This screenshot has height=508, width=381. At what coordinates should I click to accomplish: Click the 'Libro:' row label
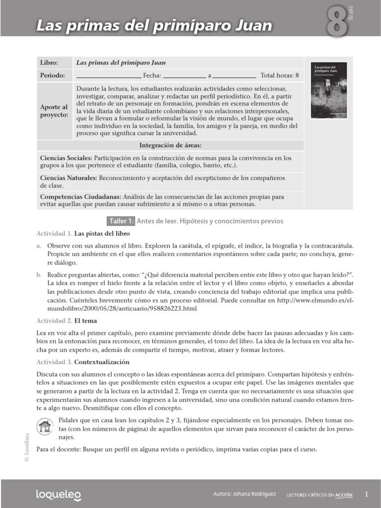click(x=49, y=63)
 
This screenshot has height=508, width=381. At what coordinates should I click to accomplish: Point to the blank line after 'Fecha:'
click(x=184, y=76)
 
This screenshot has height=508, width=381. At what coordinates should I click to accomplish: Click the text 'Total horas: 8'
click(x=280, y=76)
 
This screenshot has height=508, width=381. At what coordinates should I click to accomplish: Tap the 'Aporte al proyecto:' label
click(x=54, y=111)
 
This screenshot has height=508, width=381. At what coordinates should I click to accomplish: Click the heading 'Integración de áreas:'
click(x=170, y=145)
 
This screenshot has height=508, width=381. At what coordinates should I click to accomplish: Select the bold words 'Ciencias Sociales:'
click(x=65, y=158)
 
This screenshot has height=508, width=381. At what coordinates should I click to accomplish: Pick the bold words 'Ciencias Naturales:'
click(x=68, y=177)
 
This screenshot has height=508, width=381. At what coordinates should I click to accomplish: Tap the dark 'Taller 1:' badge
click(x=121, y=221)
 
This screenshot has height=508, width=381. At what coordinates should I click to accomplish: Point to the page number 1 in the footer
click(x=366, y=494)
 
